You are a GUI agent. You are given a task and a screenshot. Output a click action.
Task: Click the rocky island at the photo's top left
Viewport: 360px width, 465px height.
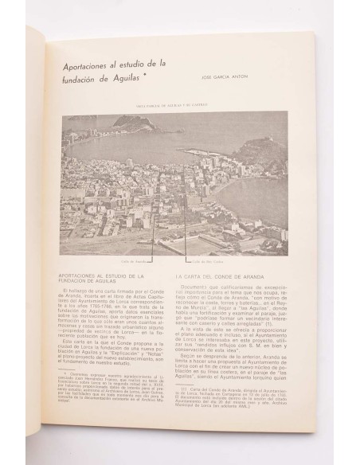pyautogui.click(x=131, y=123)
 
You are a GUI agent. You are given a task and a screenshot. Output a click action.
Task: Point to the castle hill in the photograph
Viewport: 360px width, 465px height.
pyautogui.click(x=265, y=148)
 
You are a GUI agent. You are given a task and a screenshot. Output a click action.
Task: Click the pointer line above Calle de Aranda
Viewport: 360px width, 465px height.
pyautogui.click(x=152, y=231)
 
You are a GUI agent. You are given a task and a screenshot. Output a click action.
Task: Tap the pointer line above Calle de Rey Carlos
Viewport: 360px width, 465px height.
pyautogui.click(x=185, y=231)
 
